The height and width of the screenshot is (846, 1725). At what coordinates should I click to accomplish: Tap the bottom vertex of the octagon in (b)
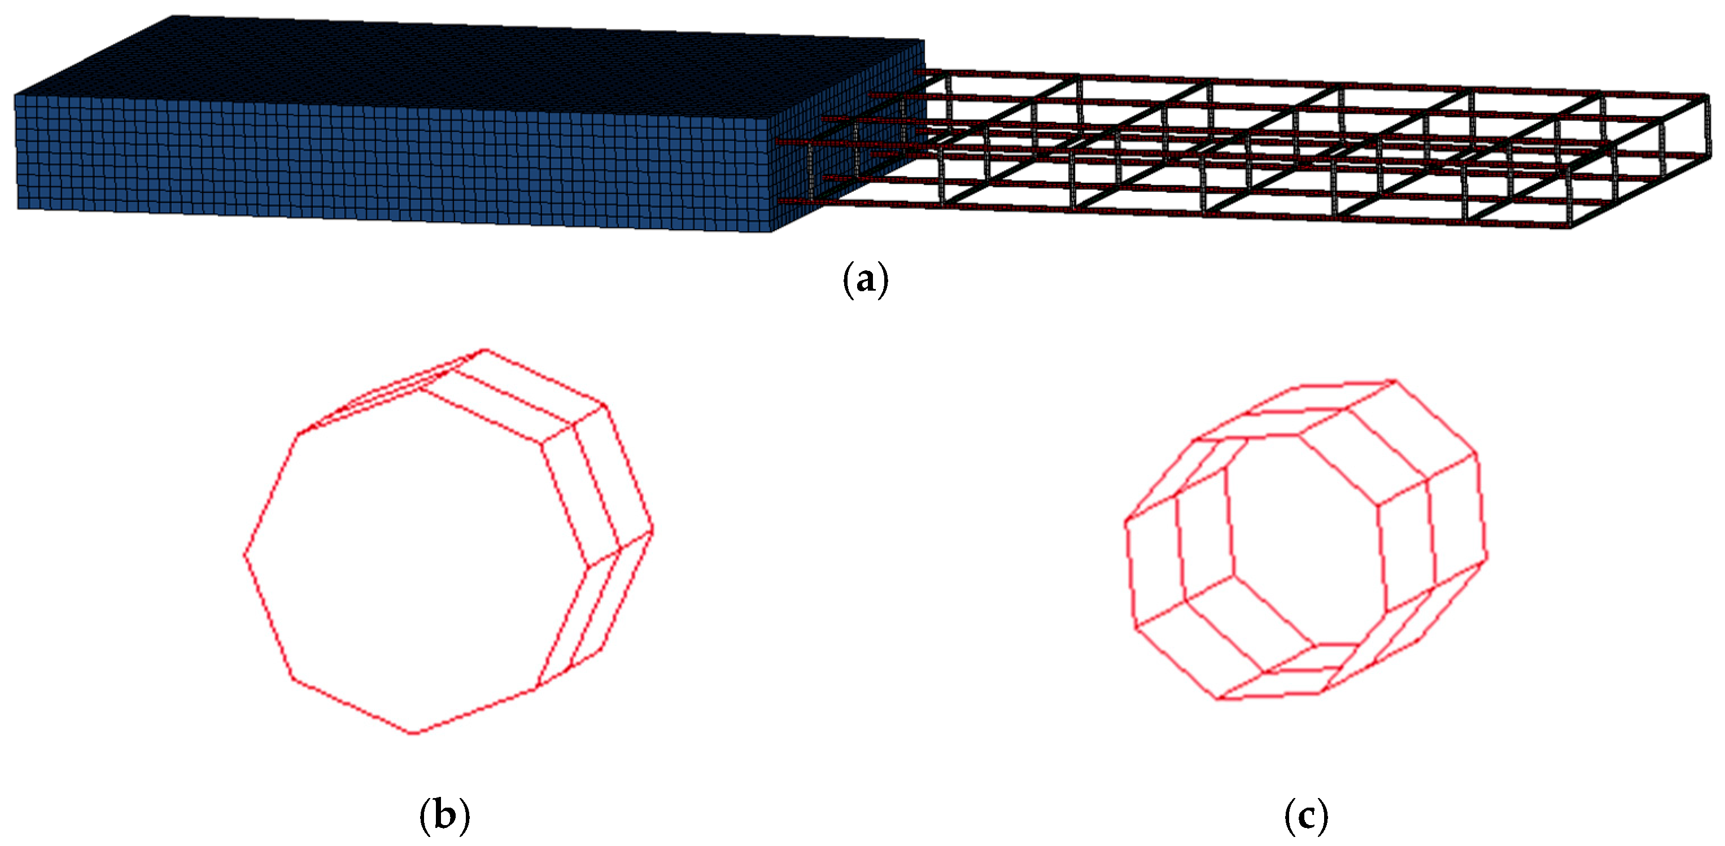tap(414, 734)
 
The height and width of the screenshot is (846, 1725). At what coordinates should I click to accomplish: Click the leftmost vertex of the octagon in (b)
tap(244, 554)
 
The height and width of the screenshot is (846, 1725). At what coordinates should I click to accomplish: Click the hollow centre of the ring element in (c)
tap(1306, 542)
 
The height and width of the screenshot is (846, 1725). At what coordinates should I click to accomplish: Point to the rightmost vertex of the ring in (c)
tap(1487, 557)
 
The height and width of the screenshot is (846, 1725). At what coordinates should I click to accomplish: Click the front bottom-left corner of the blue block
tap(18, 208)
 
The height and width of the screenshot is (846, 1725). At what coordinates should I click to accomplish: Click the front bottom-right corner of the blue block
tap(772, 233)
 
